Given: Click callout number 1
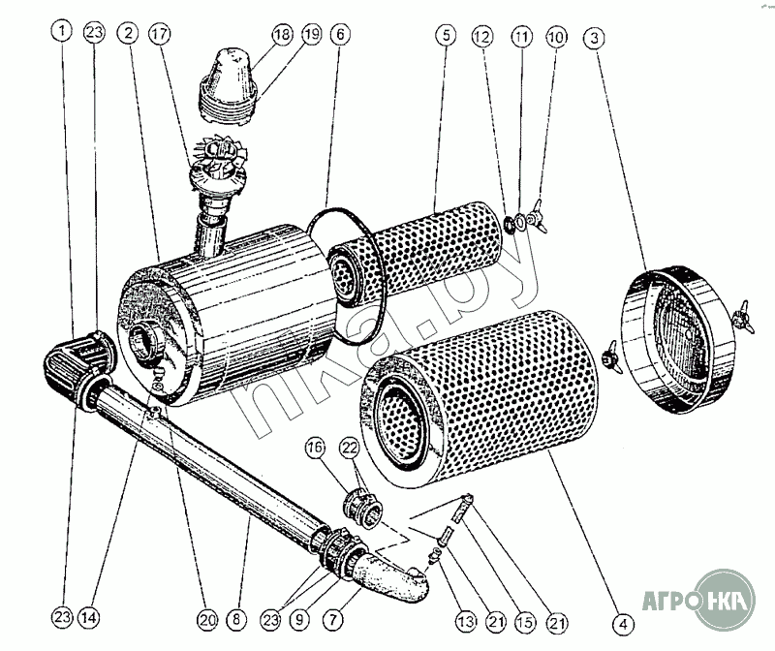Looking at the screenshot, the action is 63,32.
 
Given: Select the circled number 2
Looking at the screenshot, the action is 127,32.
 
